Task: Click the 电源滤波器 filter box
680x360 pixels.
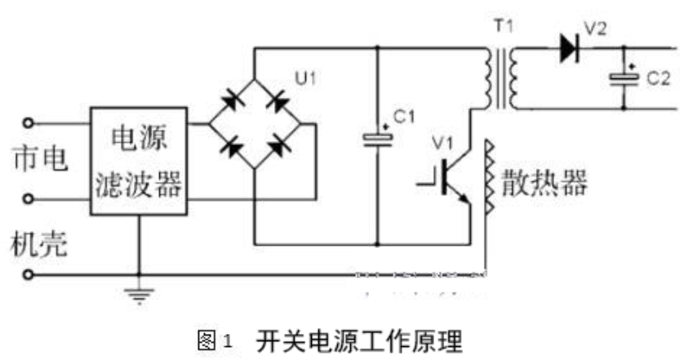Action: (138, 161)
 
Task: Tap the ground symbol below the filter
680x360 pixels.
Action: (140, 294)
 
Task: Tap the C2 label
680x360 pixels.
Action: (658, 79)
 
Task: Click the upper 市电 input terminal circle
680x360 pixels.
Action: (31, 123)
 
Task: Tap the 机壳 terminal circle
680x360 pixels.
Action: (31, 275)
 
